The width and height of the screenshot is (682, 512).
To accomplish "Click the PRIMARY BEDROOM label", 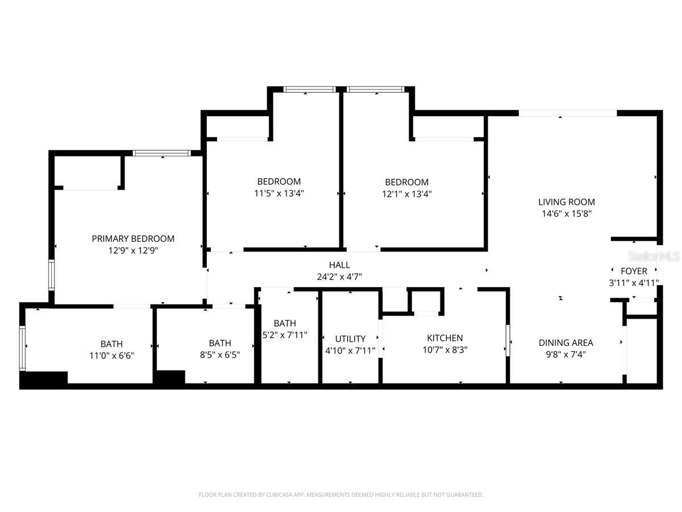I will (x=133, y=239).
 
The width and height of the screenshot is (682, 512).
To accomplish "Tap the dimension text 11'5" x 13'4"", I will (x=278, y=193).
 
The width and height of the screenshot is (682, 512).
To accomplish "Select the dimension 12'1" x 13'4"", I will (x=406, y=193).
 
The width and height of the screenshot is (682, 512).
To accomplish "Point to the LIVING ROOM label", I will (x=567, y=202).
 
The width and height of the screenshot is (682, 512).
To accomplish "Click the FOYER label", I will (x=633, y=271).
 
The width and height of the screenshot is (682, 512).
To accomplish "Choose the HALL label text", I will (x=339, y=265).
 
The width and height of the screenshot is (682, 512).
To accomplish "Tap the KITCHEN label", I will (x=445, y=338).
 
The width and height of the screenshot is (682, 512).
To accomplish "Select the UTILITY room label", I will (x=350, y=339).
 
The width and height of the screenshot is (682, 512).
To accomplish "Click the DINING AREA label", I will (x=565, y=342).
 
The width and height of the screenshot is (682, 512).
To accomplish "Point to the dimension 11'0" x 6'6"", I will (x=111, y=356).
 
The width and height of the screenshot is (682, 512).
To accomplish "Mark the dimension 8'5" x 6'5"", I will (x=219, y=355).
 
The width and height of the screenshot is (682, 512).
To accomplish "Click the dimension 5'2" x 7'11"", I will (x=285, y=335).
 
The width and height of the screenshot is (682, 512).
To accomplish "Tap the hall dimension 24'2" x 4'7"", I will (x=339, y=277).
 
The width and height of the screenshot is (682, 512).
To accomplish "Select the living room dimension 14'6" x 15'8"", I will (x=567, y=214).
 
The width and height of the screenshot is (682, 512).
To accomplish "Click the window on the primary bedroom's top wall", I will (x=162, y=153).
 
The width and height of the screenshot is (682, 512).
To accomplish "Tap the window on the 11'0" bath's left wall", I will (x=23, y=348).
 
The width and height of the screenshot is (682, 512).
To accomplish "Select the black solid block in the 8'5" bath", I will (x=170, y=377).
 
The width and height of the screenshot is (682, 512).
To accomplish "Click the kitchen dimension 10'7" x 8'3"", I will (x=445, y=350).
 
